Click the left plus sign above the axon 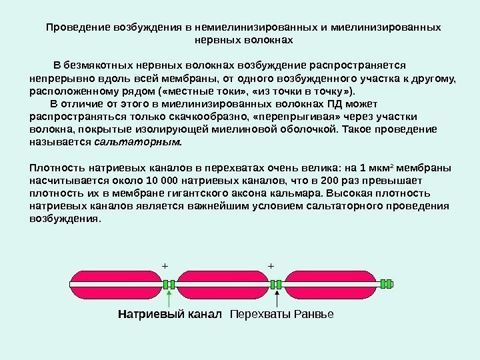point(165,265)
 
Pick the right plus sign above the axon point(271,265)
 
